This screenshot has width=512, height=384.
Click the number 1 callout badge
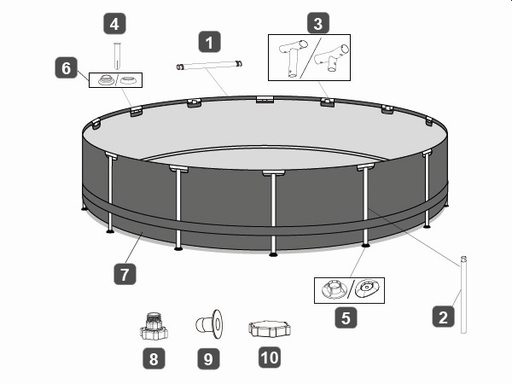210,42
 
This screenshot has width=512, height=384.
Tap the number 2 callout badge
443,317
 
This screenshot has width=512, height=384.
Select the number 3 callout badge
318,23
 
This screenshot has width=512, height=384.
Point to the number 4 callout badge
114,24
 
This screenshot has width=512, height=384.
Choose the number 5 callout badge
346,317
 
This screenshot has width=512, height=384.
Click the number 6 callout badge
66,67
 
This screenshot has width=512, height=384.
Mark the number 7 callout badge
125,274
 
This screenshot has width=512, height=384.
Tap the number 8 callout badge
154,358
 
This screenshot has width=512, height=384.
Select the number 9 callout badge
208,359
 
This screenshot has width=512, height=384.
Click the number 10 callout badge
270,358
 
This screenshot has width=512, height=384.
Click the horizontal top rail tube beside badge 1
209,65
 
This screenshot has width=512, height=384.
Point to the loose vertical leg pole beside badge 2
463,295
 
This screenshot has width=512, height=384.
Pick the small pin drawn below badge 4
117,55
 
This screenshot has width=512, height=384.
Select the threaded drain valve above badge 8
154,326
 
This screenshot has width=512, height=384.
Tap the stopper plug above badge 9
209,324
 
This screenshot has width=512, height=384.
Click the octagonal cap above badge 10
270,329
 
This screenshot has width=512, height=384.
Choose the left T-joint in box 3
292,58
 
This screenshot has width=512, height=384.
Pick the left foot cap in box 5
333,288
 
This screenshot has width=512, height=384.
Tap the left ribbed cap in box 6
106,79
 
